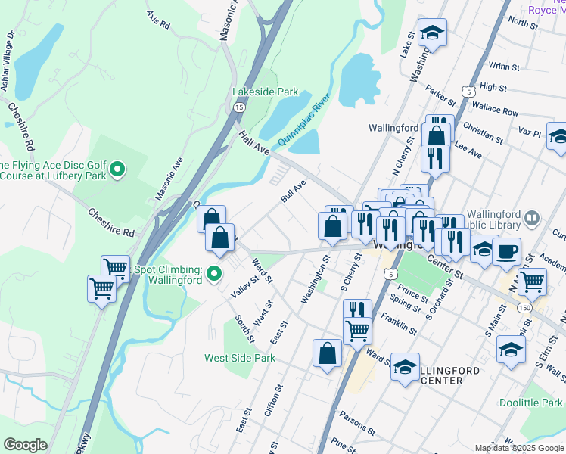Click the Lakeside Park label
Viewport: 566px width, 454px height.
[266, 92]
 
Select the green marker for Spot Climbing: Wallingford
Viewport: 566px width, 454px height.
[215, 273]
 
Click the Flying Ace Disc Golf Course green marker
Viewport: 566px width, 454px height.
[117, 169]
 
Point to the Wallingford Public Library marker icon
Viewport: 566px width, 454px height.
[532, 219]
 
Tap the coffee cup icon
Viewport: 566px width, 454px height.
[506, 251]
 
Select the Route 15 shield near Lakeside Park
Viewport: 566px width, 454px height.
[239, 108]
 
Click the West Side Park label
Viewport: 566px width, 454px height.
[240, 357]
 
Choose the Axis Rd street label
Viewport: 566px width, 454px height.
[159, 20]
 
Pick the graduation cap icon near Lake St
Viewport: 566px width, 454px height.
[432, 33]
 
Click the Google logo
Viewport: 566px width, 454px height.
[25, 445]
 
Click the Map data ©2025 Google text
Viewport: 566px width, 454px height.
[518, 448]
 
